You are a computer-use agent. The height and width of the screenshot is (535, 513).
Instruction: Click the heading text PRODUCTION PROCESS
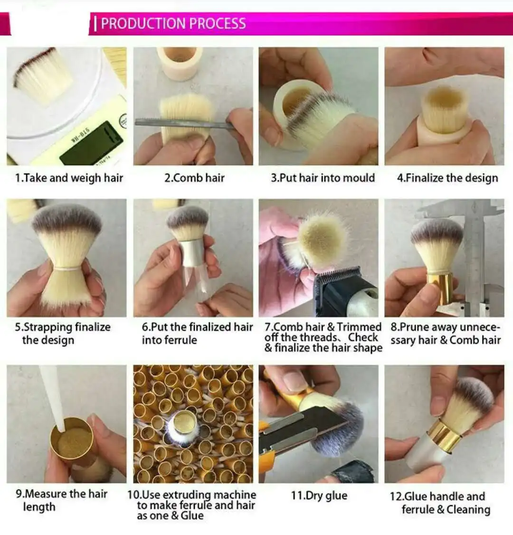[173, 24]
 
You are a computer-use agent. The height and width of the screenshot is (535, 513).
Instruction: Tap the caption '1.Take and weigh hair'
[69, 178]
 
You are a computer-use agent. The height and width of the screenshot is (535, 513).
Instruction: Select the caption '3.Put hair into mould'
[323, 178]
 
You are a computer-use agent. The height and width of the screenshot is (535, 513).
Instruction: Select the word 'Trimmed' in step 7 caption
[359, 326]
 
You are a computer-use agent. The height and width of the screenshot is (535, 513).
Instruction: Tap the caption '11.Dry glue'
[319, 495]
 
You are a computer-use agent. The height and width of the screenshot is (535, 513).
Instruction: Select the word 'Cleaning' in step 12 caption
[468, 509]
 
